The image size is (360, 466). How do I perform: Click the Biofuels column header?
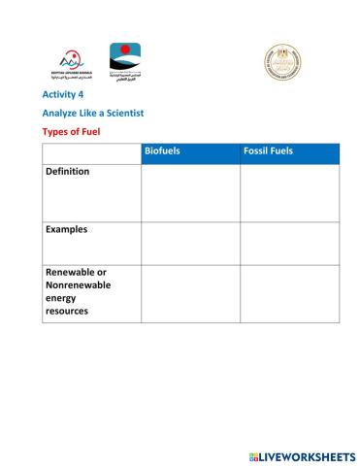tap(162, 152)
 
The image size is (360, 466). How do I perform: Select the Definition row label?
tap(67, 172)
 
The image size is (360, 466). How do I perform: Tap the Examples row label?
tap(66, 230)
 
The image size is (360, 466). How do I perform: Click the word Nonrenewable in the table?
tap(78, 285)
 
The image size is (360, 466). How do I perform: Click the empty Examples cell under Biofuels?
tap(190, 243)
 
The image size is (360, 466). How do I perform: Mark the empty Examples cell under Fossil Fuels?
tap(289, 243)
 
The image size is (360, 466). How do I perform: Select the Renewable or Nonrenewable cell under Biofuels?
tap(190, 293)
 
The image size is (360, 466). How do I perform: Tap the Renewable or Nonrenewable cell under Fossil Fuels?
tap(289, 293)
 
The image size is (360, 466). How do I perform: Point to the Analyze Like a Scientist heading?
tap(93, 113)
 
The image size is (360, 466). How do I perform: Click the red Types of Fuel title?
tap(71, 131)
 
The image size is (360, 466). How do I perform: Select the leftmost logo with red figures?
tap(66, 63)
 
